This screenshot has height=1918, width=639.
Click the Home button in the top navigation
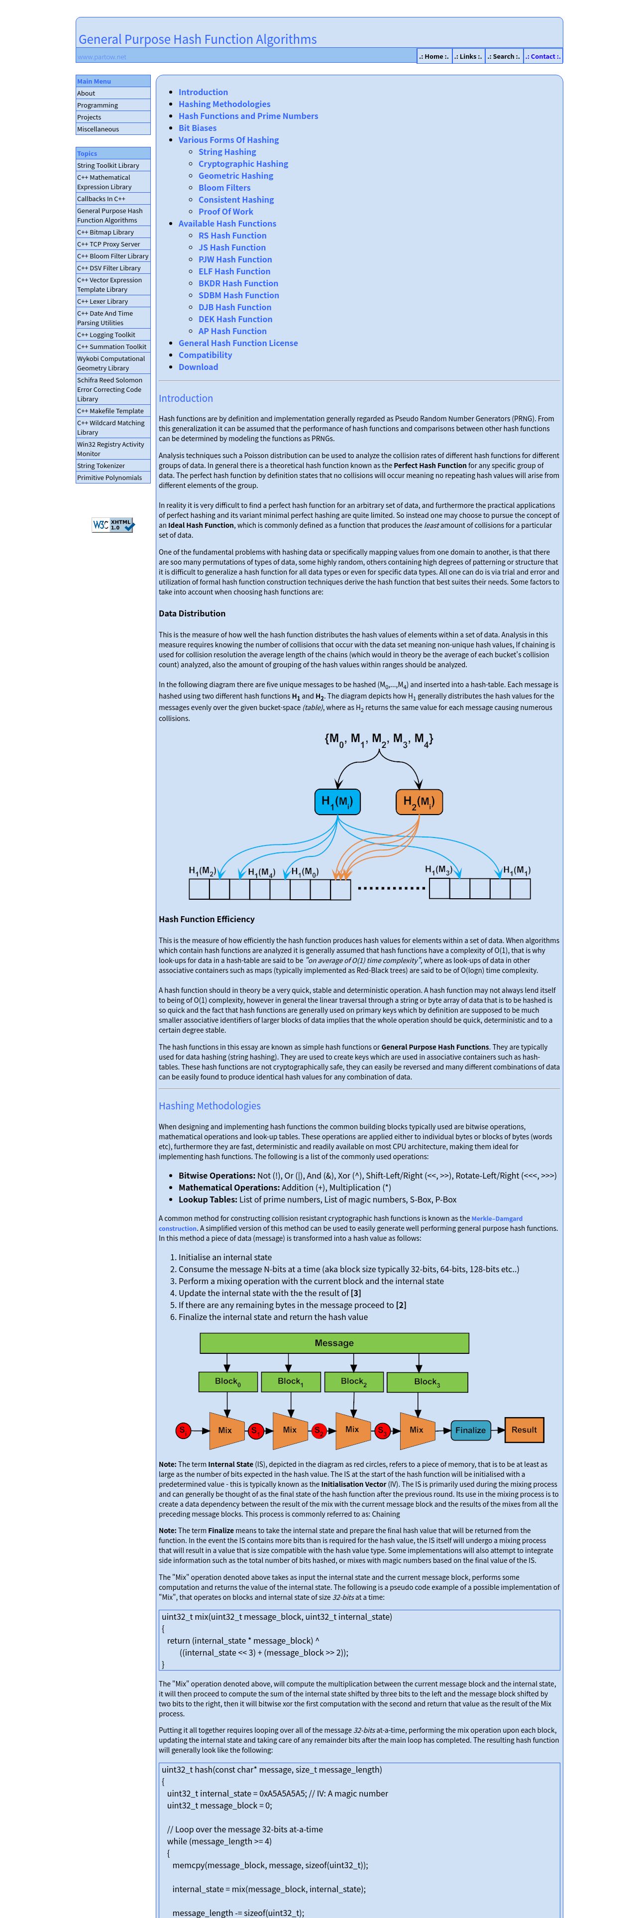tap(433, 57)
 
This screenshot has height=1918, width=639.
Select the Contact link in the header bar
tap(543, 57)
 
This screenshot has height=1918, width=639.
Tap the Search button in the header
tap(504, 57)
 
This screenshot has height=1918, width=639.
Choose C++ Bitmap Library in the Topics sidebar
tap(106, 233)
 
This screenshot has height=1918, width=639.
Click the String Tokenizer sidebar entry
tap(101, 466)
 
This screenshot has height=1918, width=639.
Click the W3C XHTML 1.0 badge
tap(113, 525)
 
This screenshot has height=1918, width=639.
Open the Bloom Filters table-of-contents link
tap(224, 188)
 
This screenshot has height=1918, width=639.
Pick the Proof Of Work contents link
tap(225, 212)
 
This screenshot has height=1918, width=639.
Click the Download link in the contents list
tap(198, 367)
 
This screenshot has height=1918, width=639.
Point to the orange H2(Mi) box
tap(419, 802)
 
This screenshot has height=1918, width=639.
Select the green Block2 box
tap(353, 1382)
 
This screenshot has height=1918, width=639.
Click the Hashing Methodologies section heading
tap(209, 1106)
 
